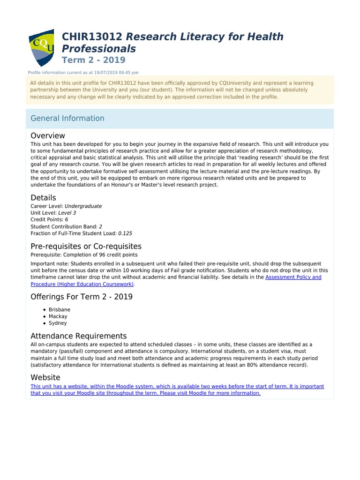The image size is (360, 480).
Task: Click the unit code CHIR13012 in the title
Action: coord(92,37)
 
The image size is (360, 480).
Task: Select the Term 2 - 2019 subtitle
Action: coord(93,60)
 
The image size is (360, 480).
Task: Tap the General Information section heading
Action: coord(67,118)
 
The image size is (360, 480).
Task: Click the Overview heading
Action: coord(48,135)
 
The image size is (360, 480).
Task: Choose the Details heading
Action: coord(43,197)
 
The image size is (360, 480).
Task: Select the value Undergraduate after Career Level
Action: coord(83,206)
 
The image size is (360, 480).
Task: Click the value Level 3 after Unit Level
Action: coord(67,213)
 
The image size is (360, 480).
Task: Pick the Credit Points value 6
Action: coord(67,219)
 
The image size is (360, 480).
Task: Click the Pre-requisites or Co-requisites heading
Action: coord(86,246)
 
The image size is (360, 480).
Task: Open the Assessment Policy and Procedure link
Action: coord(293,277)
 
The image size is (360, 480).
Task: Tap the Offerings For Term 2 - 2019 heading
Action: coord(82,297)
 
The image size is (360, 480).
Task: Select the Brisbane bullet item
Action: coord(59,310)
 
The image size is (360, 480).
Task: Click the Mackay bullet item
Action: coord(58,316)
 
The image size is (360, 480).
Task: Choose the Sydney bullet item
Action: coord(58,323)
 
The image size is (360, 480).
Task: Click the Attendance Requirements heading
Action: coord(79,336)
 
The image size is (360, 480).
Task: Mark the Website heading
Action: coord(45,377)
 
